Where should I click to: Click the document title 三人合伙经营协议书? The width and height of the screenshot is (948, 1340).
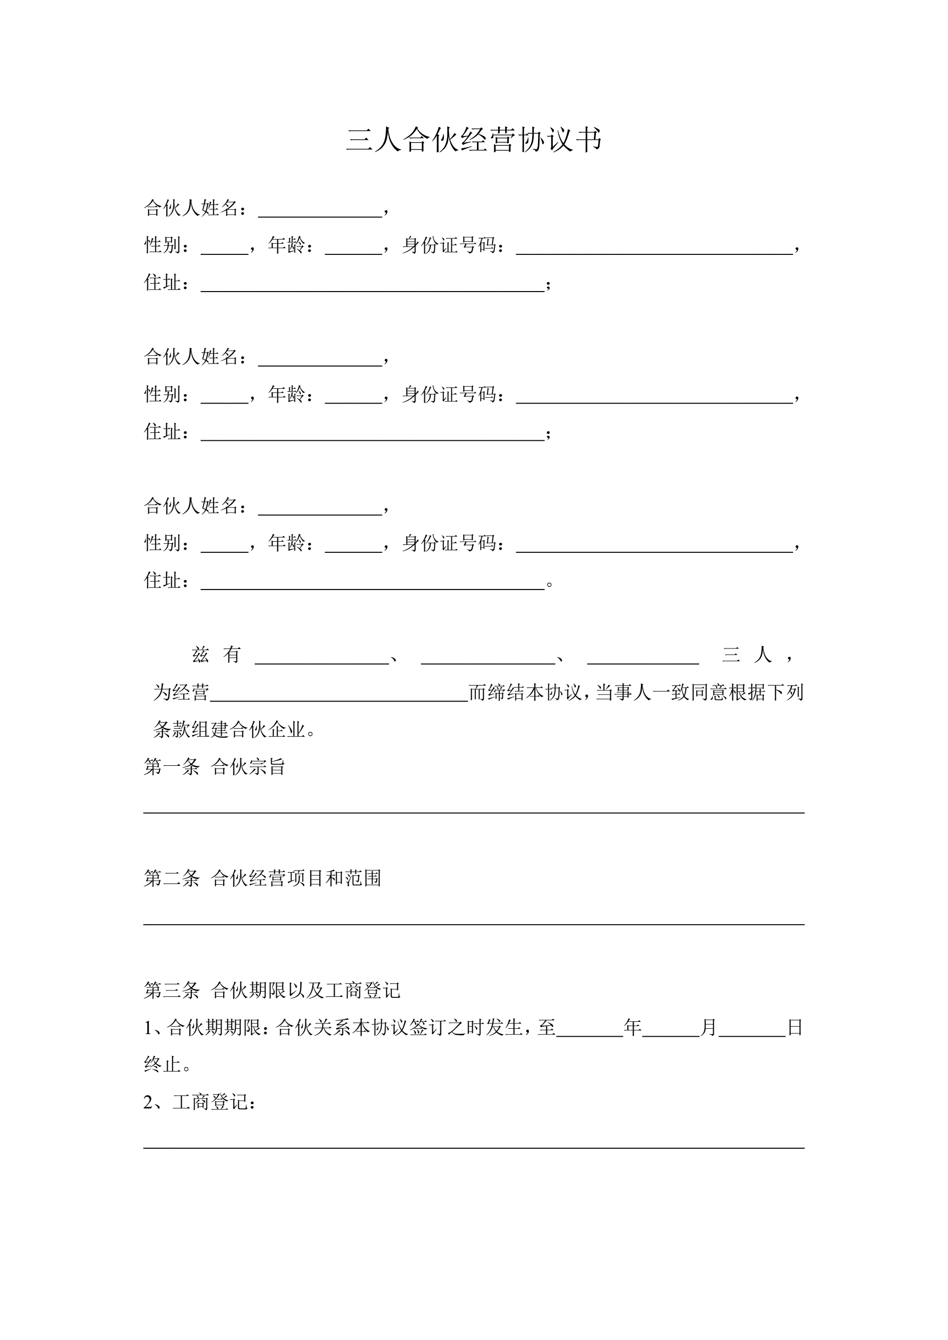tap(473, 140)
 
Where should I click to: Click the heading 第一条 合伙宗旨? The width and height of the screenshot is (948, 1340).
tap(214, 767)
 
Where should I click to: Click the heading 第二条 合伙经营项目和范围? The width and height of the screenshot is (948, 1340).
tap(262, 878)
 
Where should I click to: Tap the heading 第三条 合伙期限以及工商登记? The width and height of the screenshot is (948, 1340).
tap(271, 991)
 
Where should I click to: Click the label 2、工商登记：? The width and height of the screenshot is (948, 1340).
tap(199, 1103)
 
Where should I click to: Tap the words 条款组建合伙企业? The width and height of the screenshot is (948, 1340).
tap(229, 730)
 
